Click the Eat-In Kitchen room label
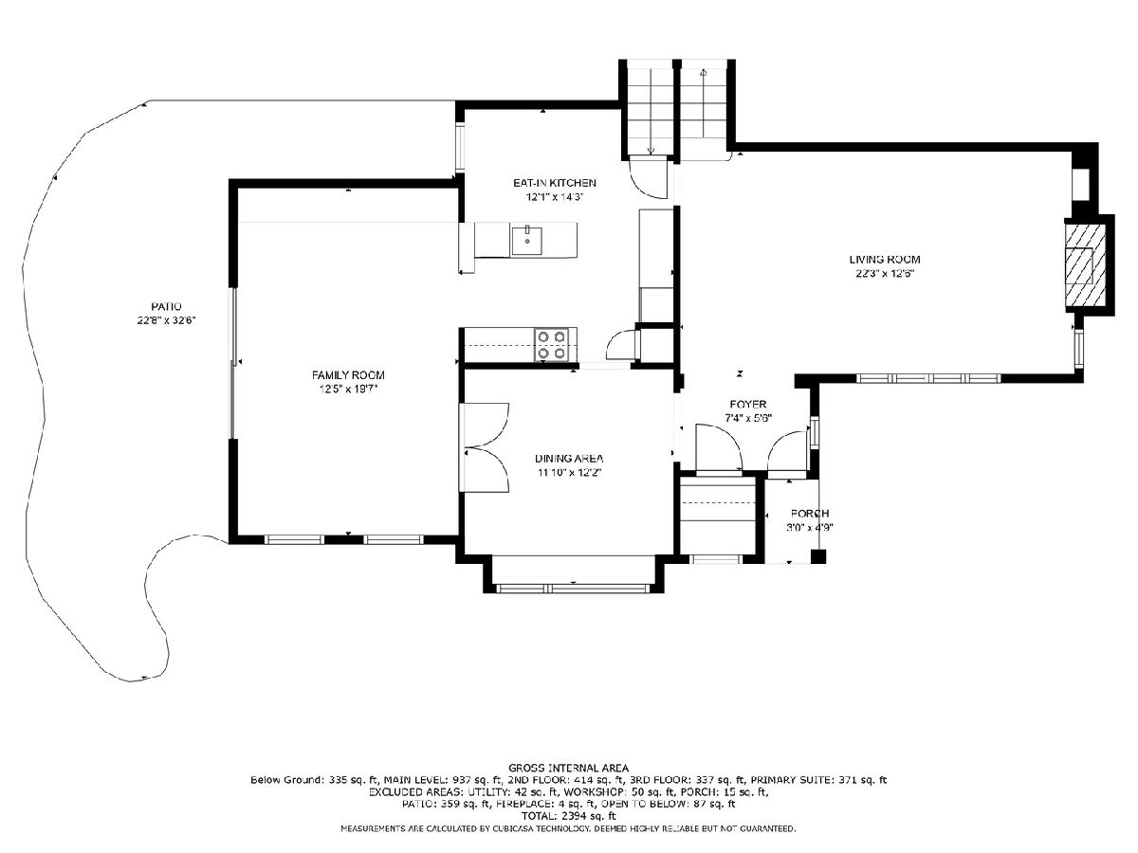click(x=554, y=183)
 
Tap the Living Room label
click(x=885, y=260)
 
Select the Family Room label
click(x=348, y=375)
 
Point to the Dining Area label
click(x=569, y=459)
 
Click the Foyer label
click(x=747, y=405)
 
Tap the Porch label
click(x=810, y=514)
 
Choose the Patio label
click(x=166, y=306)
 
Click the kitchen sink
click(x=526, y=241)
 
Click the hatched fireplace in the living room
click(x=1085, y=264)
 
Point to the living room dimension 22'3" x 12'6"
click(x=885, y=274)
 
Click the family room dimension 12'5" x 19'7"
click(x=348, y=389)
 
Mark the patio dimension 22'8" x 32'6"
click(x=166, y=320)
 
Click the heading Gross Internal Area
click(x=568, y=768)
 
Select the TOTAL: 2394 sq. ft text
click(x=568, y=816)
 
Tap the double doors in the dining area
click(x=485, y=447)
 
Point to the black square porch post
click(x=818, y=556)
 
